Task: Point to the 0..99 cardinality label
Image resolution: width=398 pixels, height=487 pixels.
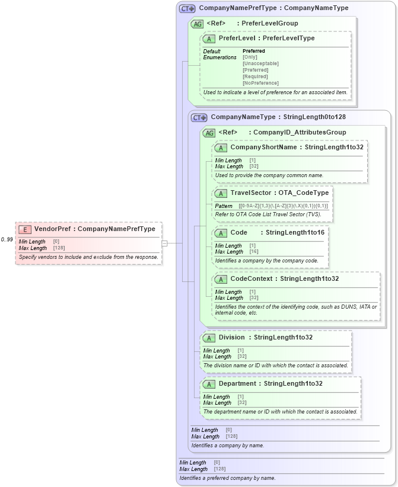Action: (x=7, y=239)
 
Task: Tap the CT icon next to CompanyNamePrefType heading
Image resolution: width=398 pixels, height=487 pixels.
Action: (x=187, y=9)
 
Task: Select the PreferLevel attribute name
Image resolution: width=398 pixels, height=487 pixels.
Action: (x=237, y=39)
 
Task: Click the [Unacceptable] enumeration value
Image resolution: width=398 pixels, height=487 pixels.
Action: (x=260, y=63)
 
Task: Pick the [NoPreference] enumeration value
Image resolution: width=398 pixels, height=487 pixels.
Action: (x=260, y=83)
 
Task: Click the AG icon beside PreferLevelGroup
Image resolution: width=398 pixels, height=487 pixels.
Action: (x=197, y=24)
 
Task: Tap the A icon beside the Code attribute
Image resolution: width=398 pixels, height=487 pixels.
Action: (x=221, y=233)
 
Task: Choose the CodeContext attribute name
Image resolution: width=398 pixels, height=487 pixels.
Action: (x=251, y=279)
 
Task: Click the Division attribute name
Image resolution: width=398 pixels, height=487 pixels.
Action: (x=231, y=338)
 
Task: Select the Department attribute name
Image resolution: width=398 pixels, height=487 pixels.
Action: (x=237, y=384)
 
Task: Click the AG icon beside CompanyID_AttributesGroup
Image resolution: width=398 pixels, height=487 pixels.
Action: (x=209, y=133)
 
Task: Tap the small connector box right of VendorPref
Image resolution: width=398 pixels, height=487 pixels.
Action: (x=164, y=243)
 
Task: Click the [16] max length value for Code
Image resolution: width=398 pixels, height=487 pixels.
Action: (x=253, y=252)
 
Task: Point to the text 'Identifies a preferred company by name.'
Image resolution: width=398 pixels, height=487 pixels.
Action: (x=227, y=478)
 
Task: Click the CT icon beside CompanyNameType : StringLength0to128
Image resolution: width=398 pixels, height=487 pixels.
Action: (x=199, y=118)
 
